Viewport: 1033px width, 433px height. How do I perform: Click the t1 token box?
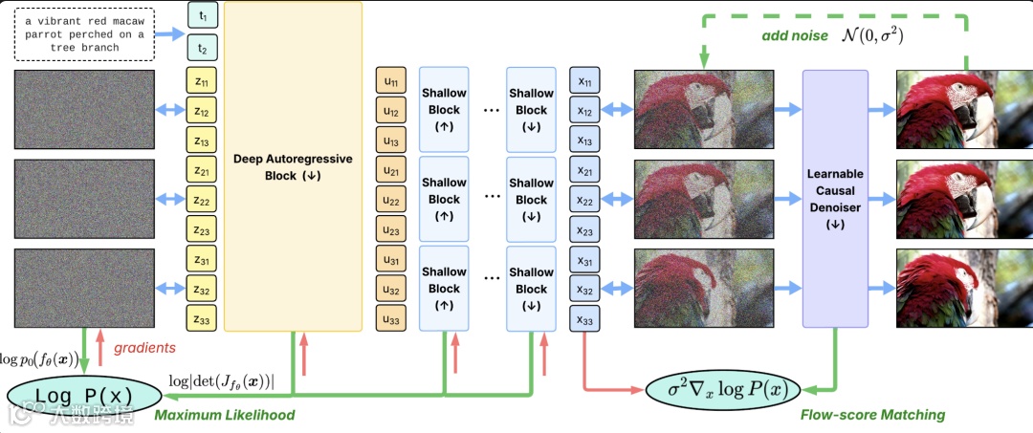201,16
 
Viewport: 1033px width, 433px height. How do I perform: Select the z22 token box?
201,201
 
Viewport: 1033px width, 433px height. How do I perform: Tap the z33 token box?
201,318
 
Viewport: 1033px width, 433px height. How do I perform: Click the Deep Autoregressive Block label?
293,166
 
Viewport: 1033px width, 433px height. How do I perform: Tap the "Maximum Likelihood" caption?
224,415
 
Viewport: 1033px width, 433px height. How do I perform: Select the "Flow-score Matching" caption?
871,415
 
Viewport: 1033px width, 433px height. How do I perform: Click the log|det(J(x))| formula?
221,380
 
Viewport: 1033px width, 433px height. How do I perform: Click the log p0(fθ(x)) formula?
40,360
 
